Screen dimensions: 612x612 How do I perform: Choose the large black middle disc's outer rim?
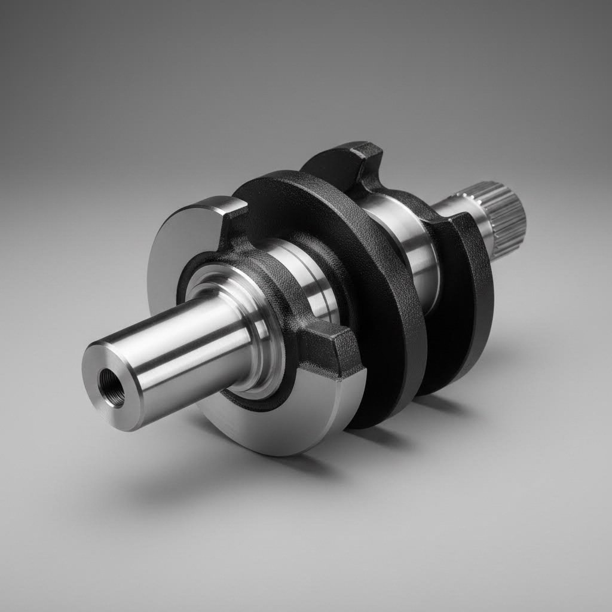click(388, 335)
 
